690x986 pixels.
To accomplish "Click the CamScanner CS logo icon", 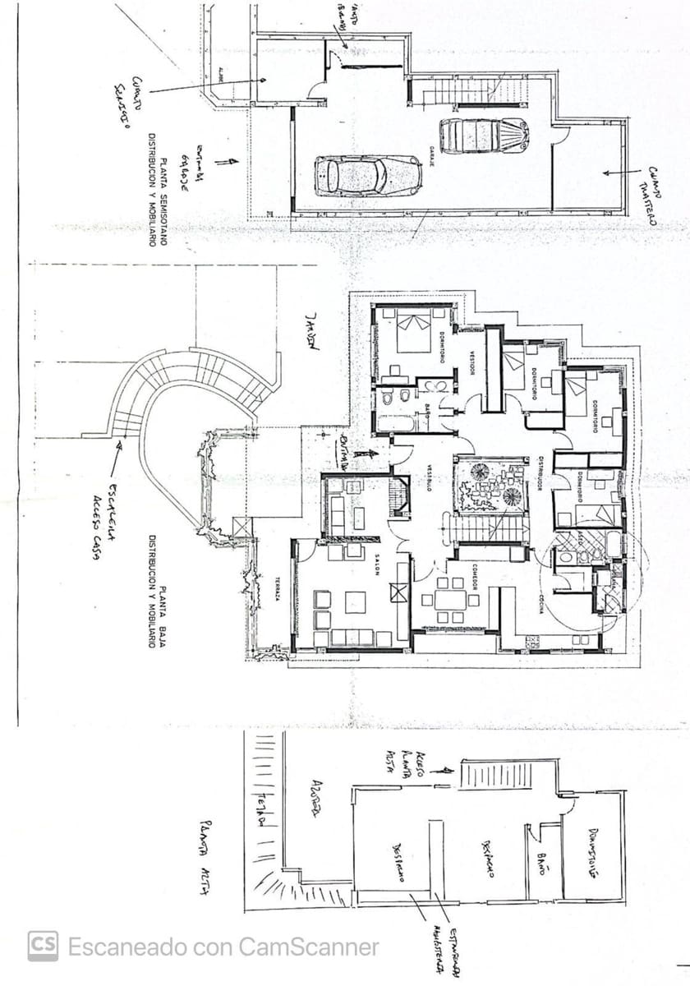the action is pos(43,946).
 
